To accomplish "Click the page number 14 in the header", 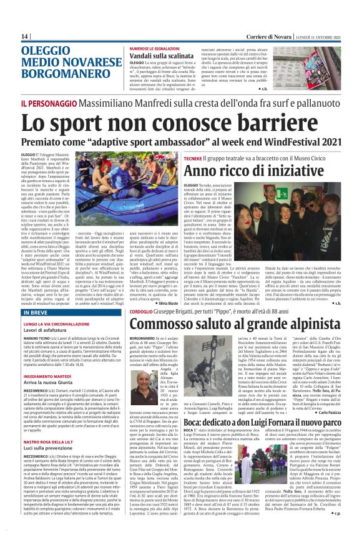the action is click(25, 36).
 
